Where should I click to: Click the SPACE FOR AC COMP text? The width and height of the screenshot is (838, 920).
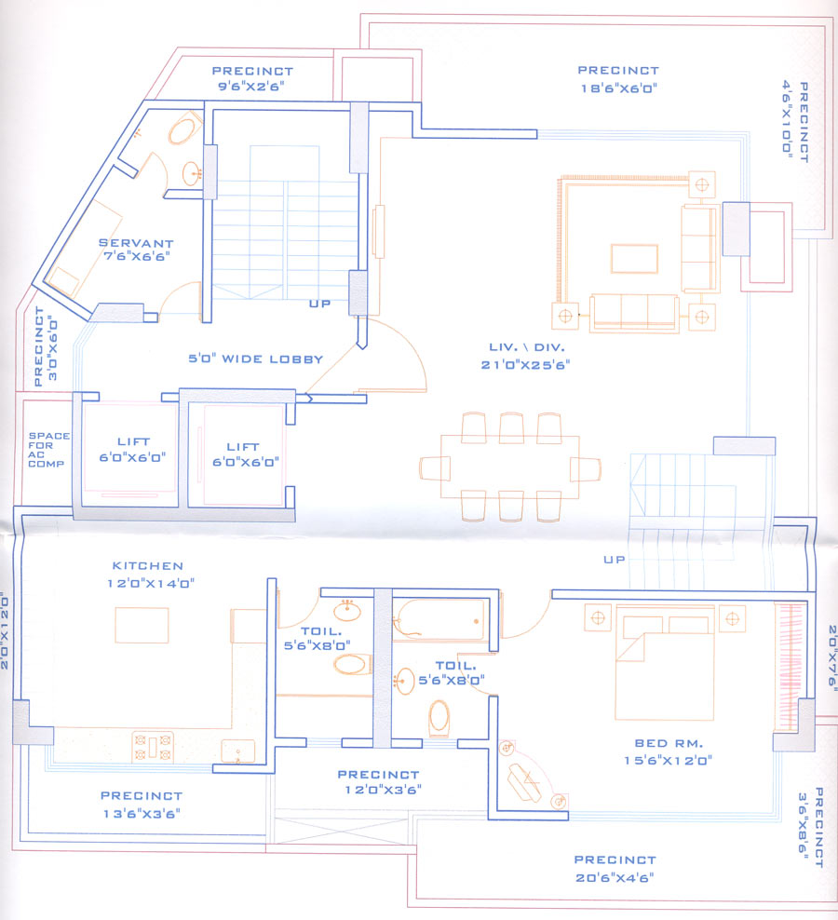point(47,449)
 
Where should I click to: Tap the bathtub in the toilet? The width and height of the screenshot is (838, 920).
point(439,618)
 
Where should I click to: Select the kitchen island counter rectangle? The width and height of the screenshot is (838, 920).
point(142,625)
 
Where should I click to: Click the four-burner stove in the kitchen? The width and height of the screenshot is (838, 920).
point(154,744)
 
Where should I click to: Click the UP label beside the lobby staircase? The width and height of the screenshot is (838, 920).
point(320,304)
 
